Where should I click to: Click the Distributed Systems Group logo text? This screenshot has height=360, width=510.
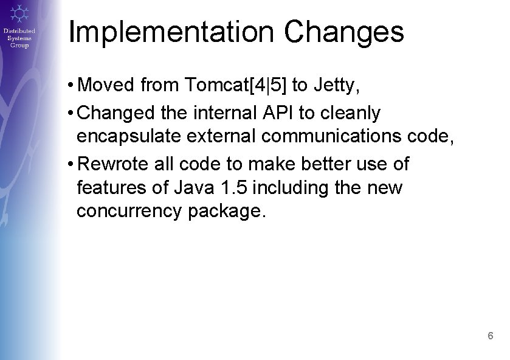pos(19,38)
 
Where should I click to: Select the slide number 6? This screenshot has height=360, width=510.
pos(490,336)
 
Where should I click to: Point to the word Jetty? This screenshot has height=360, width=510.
pos(336,86)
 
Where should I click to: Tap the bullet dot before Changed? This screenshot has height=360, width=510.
pos(72,113)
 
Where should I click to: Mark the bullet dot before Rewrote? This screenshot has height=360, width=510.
pos(72,164)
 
